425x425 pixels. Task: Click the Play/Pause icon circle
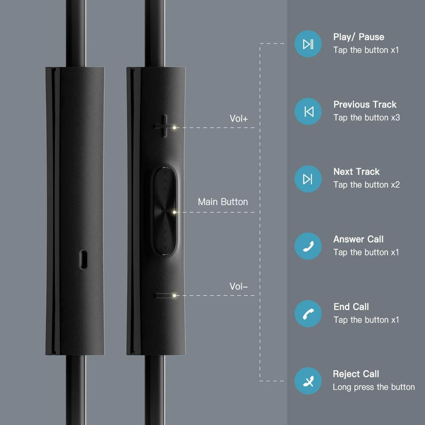click(x=308, y=44)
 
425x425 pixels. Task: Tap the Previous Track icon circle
click(x=308, y=111)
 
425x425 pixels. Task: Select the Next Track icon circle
click(x=308, y=179)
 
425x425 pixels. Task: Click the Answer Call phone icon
click(x=308, y=246)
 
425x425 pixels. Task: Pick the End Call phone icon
click(x=308, y=314)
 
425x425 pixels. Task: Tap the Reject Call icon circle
click(x=308, y=381)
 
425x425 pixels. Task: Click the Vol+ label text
click(x=238, y=119)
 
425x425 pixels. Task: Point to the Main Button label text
click(x=223, y=202)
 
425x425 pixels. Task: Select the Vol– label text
click(x=238, y=286)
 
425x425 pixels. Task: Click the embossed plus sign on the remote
click(x=164, y=126)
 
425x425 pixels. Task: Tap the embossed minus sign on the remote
click(x=164, y=295)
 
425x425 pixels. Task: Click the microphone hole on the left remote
click(x=83, y=259)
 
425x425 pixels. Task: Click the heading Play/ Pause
click(x=359, y=37)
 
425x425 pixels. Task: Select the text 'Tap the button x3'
click(x=366, y=118)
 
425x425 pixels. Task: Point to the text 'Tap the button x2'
click(x=366, y=185)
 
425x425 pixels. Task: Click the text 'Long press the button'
click(x=374, y=387)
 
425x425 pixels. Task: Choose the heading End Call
click(x=351, y=307)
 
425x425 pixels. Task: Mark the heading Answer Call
click(x=358, y=239)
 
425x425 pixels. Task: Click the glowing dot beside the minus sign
click(x=175, y=295)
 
